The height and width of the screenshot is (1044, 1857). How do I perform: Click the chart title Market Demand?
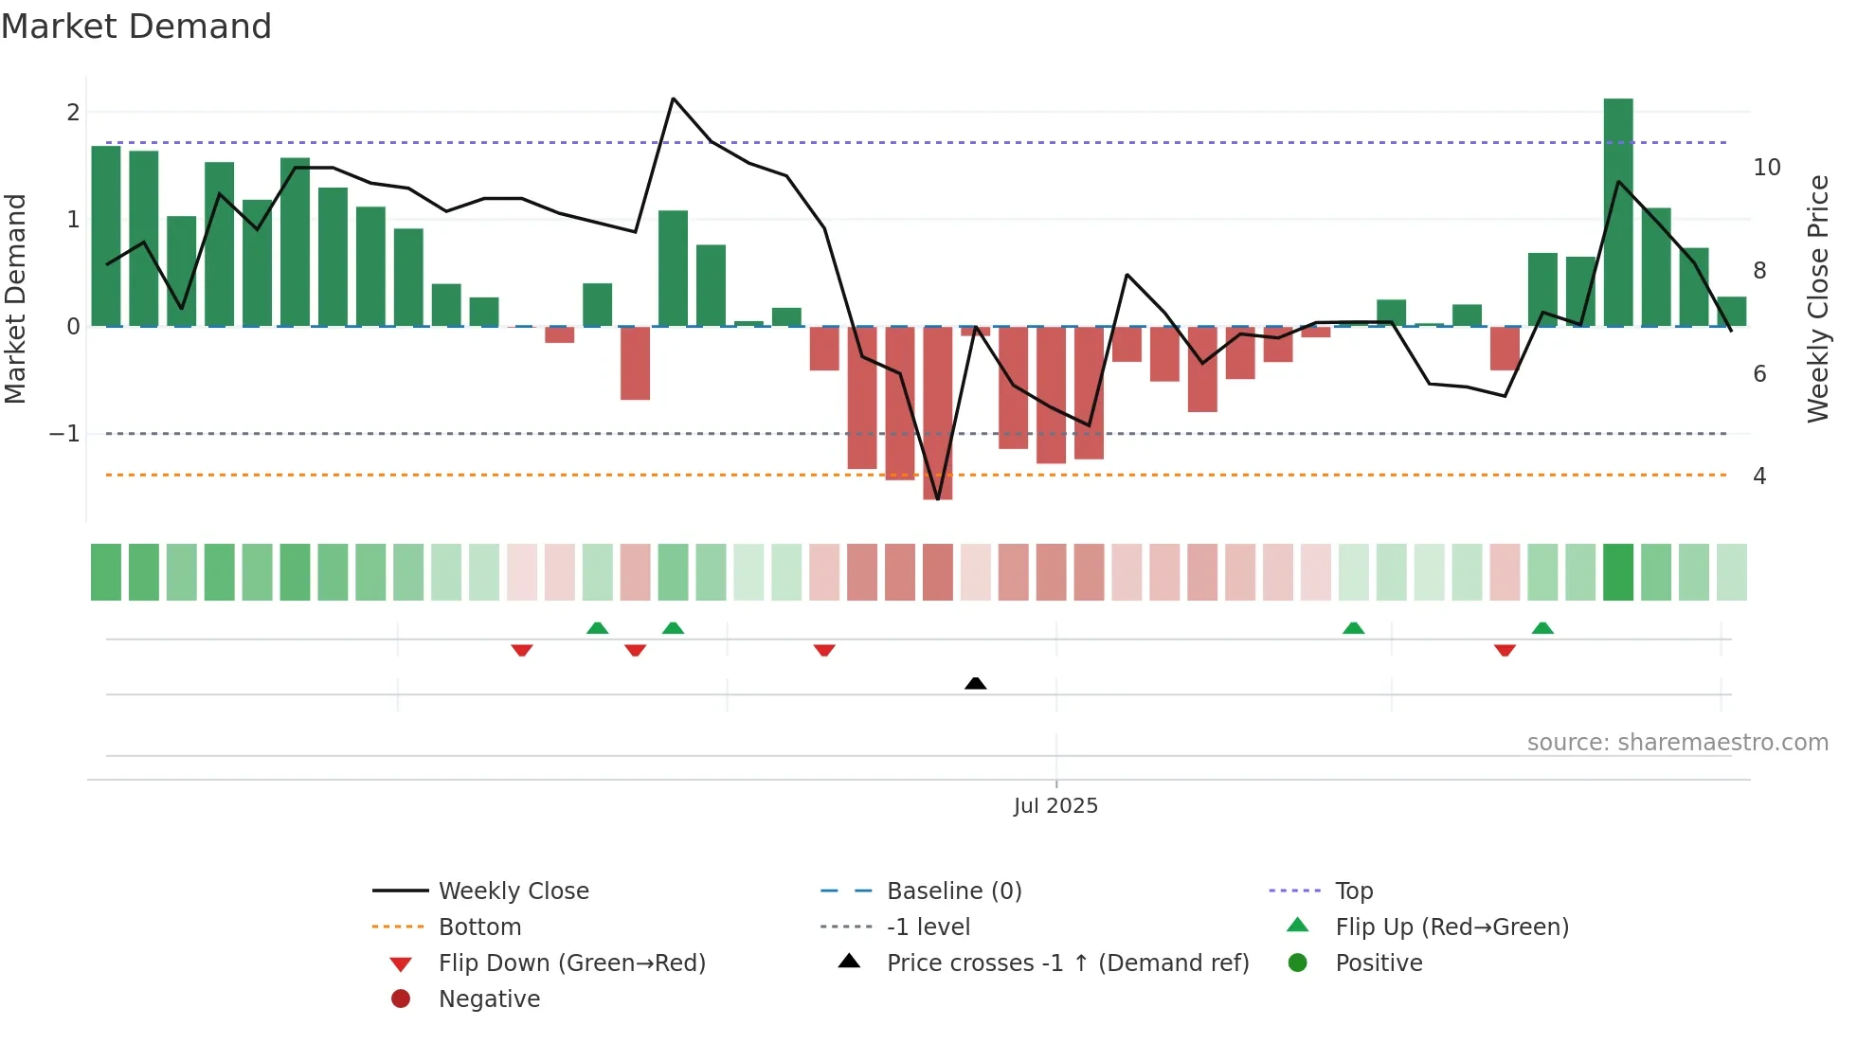click(136, 27)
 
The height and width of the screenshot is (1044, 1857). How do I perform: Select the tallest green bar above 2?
click(1618, 212)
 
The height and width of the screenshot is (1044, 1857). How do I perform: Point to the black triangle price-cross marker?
click(975, 683)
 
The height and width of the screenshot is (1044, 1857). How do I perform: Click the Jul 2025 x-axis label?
click(1055, 806)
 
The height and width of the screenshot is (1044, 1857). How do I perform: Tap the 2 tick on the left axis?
click(73, 113)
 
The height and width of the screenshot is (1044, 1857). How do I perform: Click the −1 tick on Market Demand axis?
click(65, 434)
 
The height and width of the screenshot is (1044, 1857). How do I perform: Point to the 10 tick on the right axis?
click(1766, 168)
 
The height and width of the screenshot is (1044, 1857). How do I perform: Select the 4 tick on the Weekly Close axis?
click(1759, 477)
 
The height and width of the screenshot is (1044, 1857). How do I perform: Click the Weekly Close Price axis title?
click(1817, 298)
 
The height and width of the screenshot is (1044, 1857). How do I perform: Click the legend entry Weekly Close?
click(513, 891)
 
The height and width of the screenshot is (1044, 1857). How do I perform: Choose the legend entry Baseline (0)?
click(953, 891)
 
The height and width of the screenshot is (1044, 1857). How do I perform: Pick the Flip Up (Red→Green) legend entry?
click(1451, 927)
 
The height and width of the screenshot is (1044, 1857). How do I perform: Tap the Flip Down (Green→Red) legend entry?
click(571, 963)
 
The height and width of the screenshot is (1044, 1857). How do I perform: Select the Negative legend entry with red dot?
click(489, 999)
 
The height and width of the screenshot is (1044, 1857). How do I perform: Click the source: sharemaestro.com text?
click(1677, 743)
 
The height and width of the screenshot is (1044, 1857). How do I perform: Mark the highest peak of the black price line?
click(673, 99)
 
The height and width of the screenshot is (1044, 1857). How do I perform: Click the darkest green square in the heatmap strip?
click(1618, 572)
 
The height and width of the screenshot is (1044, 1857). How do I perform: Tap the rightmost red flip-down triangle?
click(1505, 650)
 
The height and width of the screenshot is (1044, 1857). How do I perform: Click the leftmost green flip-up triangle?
click(597, 628)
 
